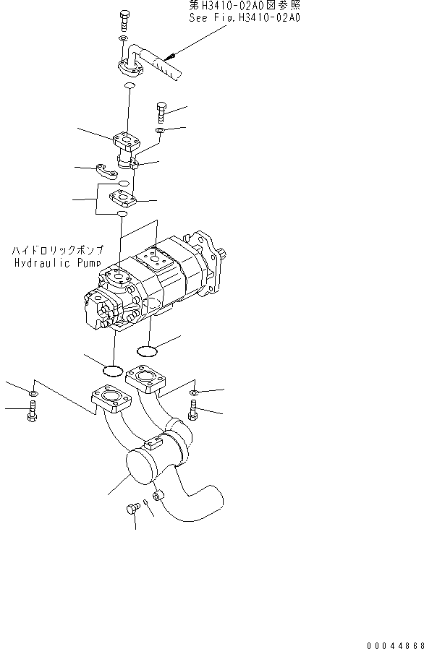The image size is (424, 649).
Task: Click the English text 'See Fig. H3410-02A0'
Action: [245, 18]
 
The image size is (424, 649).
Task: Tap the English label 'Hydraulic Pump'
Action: [58, 263]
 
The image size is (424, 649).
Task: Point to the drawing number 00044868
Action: [395, 645]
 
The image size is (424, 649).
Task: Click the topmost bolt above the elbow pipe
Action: [124, 21]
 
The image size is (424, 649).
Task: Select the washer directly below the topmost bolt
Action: [123, 38]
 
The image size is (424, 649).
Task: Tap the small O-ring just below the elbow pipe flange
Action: [130, 85]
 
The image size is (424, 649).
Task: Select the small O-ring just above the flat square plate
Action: [124, 183]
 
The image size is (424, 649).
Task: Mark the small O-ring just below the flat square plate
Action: [122, 214]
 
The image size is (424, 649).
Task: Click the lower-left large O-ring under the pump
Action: [112, 371]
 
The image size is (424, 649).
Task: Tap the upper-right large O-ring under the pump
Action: [147, 351]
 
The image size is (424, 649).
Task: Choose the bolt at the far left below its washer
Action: [32, 411]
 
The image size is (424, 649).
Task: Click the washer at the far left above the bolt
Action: [34, 392]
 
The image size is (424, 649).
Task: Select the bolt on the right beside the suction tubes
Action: [192, 411]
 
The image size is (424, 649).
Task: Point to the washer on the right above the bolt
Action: [194, 392]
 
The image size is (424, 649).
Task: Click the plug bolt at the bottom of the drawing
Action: [132, 508]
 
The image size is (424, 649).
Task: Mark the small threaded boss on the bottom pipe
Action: [157, 495]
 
